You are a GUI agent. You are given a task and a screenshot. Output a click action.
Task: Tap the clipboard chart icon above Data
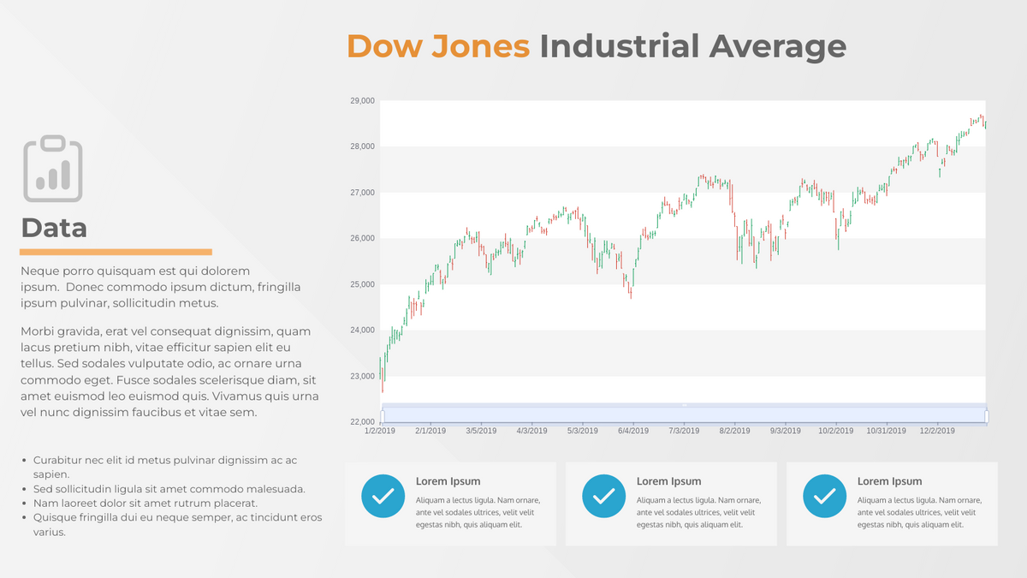tap(53, 169)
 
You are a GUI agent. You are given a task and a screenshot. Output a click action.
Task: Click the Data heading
tap(54, 228)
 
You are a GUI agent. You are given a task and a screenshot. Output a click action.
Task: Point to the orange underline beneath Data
tap(116, 252)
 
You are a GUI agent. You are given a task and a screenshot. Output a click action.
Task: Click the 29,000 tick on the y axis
tap(362, 101)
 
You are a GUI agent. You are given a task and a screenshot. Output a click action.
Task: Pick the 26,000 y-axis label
tap(362, 238)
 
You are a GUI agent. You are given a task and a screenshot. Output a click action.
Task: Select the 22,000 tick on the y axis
tap(362, 422)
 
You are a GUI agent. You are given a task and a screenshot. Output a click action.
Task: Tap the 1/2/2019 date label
tap(379, 431)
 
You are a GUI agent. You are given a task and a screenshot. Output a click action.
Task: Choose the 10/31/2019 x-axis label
tap(885, 431)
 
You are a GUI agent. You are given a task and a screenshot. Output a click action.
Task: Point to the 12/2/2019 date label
tap(937, 431)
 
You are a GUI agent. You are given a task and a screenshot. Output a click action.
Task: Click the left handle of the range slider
tap(382, 416)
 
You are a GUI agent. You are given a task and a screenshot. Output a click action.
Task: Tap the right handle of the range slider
tap(987, 416)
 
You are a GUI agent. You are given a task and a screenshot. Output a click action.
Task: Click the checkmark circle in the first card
tap(383, 496)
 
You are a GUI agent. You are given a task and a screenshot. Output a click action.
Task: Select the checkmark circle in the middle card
tap(604, 496)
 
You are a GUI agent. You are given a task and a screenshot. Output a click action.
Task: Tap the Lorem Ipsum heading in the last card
tap(889, 481)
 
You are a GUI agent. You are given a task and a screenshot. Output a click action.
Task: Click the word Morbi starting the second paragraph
tap(39, 331)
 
